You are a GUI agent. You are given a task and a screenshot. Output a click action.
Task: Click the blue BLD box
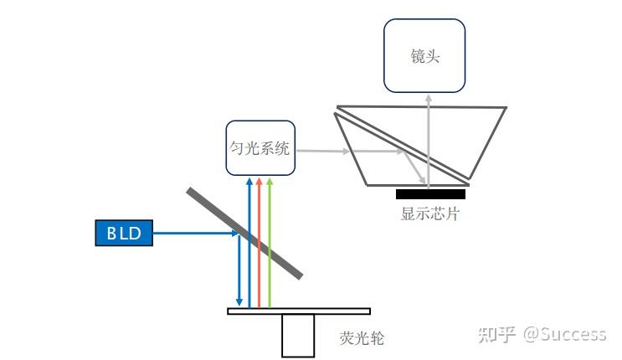(124, 234)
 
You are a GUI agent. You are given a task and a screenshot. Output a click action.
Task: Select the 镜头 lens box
(424, 56)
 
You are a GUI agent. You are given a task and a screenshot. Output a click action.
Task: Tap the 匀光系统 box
(260, 148)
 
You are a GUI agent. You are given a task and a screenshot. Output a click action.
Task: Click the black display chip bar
(430, 194)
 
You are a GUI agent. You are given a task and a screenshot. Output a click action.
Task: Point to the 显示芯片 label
(430, 213)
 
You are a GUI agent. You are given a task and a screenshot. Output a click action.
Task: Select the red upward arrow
(260, 243)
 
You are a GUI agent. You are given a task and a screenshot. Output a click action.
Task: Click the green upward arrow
(270, 243)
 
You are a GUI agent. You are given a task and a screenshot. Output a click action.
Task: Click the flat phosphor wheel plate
(299, 311)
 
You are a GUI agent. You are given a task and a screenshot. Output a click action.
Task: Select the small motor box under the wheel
(298, 335)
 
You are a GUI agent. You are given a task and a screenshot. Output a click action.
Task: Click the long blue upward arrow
(249, 243)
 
